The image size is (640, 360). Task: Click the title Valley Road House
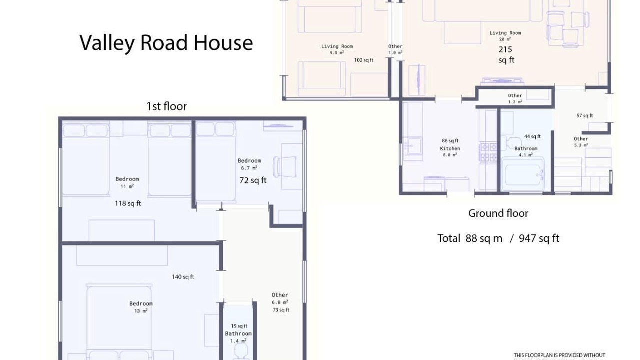click(x=166, y=43)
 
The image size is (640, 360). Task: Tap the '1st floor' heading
click(x=167, y=106)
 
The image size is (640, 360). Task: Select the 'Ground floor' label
click(x=498, y=213)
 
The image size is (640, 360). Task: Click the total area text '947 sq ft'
click(x=539, y=238)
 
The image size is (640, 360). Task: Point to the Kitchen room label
click(x=450, y=149)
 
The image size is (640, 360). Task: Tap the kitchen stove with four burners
click(x=489, y=153)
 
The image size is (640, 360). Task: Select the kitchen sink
click(x=413, y=146)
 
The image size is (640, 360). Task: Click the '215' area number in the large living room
click(x=505, y=49)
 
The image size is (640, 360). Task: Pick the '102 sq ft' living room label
click(x=363, y=60)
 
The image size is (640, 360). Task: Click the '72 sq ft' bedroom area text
click(x=253, y=180)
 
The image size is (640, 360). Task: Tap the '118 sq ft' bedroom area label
click(x=128, y=203)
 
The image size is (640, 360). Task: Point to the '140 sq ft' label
click(x=183, y=277)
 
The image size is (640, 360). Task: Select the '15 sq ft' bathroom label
click(x=239, y=326)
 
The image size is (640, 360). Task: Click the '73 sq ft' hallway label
click(x=281, y=310)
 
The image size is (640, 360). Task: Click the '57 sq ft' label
click(x=585, y=115)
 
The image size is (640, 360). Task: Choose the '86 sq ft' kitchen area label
click(x=450, y=141)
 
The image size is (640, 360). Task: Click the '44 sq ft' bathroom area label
click(x=532, y=137)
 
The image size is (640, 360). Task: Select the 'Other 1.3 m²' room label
click(x=515, y=99)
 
